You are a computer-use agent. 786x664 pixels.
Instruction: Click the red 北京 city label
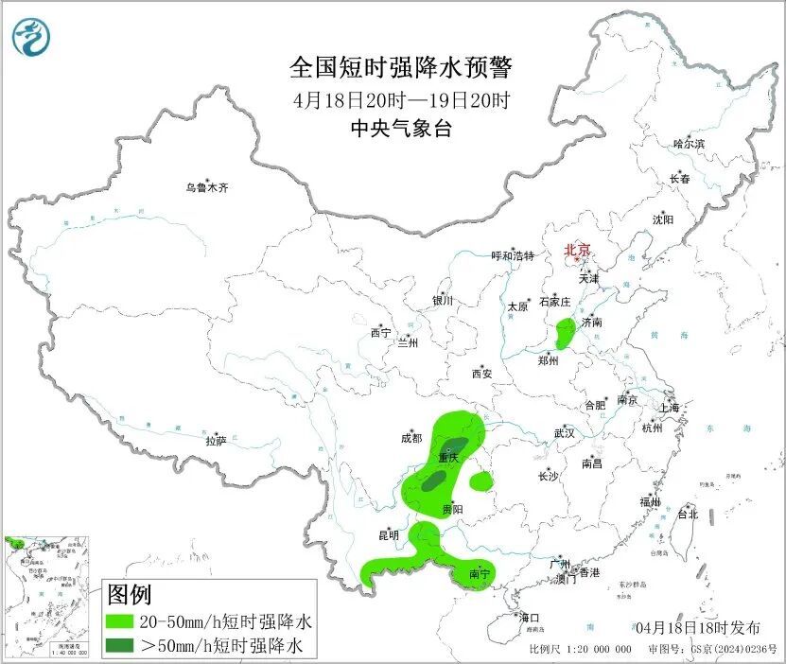click(x=577, y=250)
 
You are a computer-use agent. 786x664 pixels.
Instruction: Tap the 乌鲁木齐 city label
click(x=206, y=188)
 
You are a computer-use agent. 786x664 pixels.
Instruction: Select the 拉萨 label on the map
click(x=216, y=441)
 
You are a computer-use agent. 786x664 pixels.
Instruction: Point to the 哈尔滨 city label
click(x=689, y=144)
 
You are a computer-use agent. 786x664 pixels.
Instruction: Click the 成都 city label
click(x=411, y=438)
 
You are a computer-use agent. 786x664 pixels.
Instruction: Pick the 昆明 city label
click(x=389, y=535)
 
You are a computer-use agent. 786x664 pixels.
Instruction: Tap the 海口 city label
click(x=529, y=618)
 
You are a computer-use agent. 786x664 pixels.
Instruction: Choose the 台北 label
click(x=687, y=515)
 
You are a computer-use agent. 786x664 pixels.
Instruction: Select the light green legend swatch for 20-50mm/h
click(x=120, y=622)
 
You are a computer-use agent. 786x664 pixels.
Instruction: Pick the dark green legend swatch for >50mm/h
click(x=120, y=646)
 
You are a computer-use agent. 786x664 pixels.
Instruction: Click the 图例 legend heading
click(x=130, y=596)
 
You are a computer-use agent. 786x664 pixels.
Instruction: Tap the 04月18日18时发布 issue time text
click(x=697, y=628)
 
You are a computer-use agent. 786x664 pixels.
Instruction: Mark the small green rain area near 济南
click(x=566, y=332)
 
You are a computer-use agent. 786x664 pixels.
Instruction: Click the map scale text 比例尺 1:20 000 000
click(x=580, y=650)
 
